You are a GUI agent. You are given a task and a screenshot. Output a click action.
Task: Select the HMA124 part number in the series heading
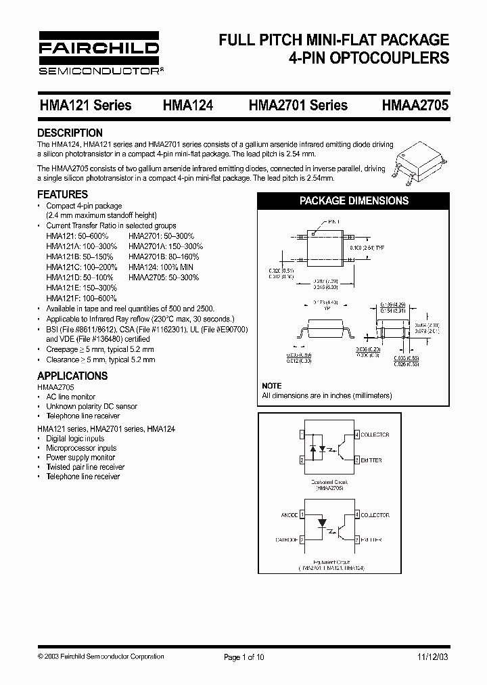pyautogui.click(x=188, y=105)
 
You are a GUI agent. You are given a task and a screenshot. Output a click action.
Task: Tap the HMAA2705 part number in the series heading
pyautogui.click(x=415, y=105)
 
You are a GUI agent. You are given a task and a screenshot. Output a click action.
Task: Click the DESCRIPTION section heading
pyautogui.click(x=70, y=133)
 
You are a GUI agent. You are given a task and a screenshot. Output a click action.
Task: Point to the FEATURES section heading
pyautogui.click(x=62, y=194)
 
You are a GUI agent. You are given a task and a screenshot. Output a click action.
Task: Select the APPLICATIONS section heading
pyautogui.click(x=72, y=376)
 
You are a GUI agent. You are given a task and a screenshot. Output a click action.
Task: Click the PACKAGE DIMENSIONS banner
pyautogui.click(x=354, y=200)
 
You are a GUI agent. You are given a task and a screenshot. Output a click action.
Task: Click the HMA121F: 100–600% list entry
pyautogui.click(x=81, y=298)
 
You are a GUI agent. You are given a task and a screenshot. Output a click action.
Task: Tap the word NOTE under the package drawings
pyautogui.click(x=272, y=386)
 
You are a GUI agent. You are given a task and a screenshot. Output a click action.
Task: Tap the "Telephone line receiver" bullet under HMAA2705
pyautogui.click(x=83, y=416)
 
